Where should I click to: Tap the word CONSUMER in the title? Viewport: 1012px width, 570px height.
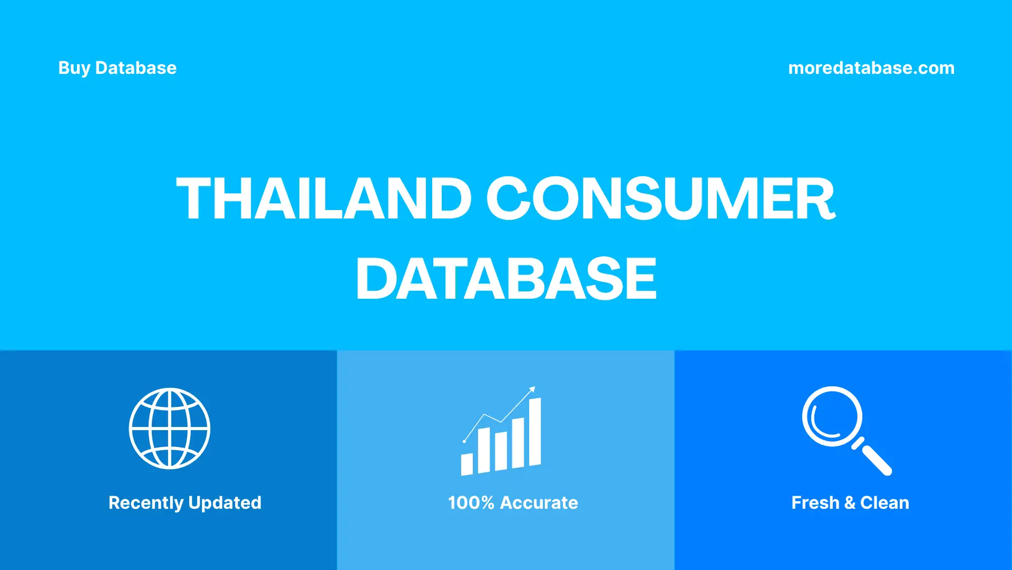pos(660,198)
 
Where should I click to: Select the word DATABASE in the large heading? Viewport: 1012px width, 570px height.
pos(506,279)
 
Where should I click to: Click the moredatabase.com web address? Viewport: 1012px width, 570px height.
pos(871,68)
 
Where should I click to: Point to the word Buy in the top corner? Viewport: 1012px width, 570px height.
pos(74,68)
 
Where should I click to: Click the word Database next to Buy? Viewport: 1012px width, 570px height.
pos(136,68)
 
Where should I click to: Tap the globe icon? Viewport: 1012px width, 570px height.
pos(170,429)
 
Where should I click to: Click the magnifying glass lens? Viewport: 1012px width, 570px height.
pos(832,416)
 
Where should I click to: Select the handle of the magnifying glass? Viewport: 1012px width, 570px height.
pos(876,460)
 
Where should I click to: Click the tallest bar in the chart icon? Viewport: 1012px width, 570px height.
pos(535,432)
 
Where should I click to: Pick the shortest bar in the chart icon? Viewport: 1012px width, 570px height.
pos(466,464)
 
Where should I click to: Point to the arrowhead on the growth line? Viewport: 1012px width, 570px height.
pos(532,389)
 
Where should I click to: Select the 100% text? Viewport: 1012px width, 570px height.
pos(471,503)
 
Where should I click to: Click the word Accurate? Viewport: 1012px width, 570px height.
pos(539,503)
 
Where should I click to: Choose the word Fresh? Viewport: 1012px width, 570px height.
pos(815,503)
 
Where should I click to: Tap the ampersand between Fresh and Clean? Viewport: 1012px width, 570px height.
pos(850,503)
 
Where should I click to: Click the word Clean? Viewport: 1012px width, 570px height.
pos(884,503)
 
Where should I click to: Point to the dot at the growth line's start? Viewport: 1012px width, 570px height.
pos(464,441)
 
